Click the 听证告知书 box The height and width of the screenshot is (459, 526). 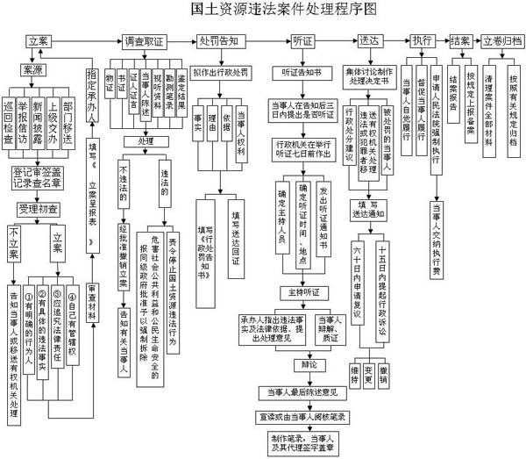click(x=296, y=71)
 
